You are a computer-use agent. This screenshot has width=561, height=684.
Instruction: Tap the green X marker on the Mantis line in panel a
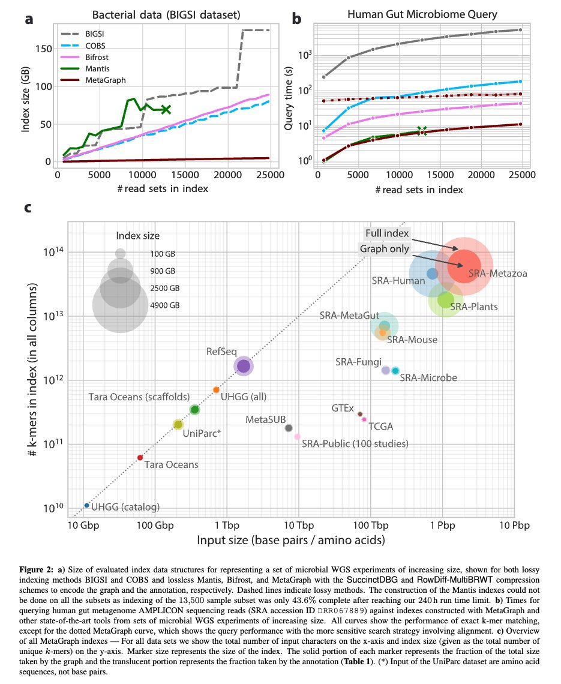(x=166, y=109)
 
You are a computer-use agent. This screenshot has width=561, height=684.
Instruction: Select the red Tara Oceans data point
(x=140, y=458)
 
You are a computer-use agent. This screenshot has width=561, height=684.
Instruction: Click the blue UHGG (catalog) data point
(x=87, y=505)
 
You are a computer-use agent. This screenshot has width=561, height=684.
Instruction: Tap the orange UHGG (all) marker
(x=216, y=390)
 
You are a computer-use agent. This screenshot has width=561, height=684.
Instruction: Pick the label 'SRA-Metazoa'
(x=498, y=273)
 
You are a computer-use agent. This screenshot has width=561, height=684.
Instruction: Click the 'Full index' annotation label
(x=387, y=233)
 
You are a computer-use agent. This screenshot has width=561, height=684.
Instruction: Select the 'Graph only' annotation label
(x=384, y=248)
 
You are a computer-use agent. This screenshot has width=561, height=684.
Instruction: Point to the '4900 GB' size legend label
(x=165, y=305)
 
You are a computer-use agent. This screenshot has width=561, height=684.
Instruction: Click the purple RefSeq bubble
(x=244, y=365)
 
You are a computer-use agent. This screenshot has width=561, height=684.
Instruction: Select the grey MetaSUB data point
(x=289, y=428)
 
